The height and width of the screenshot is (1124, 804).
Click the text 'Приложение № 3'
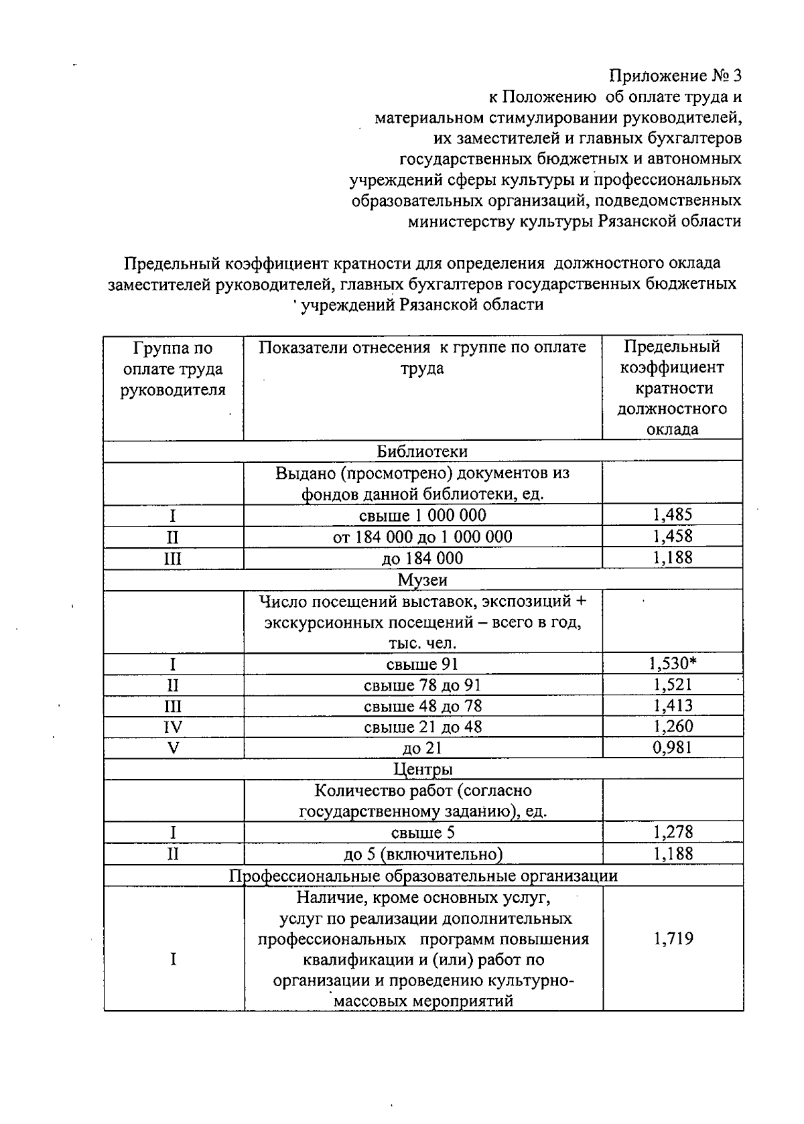pos(675,75)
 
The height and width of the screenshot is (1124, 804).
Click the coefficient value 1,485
pos(672,514)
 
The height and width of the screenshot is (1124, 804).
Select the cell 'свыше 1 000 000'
pos(423,515)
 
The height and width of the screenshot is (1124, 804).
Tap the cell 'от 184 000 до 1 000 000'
pos(423,537)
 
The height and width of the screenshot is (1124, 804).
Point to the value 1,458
pos(672,536)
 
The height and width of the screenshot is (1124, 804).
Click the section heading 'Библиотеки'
pos(423,451)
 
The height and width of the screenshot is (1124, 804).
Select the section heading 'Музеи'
pos(423,579)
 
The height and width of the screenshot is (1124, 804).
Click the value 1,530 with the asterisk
pos(672,663)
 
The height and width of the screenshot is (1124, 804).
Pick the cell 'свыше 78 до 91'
pos(423,685)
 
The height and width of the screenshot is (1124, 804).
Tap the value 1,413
pos(672,706)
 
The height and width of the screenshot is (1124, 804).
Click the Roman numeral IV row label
pos(173,727)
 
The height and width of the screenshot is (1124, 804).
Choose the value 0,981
pos(672,748)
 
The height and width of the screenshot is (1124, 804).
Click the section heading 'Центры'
pos(423,769)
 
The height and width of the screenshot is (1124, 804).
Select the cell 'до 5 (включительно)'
pos(423,854)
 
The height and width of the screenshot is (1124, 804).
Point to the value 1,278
pos(672,832)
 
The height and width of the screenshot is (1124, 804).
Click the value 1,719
pos(672,938)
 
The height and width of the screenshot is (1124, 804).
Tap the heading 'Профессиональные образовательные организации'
pos(423,875)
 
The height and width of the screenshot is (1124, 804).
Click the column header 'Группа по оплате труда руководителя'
pos(173,369)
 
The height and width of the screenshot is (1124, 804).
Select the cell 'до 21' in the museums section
pos(423,748)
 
